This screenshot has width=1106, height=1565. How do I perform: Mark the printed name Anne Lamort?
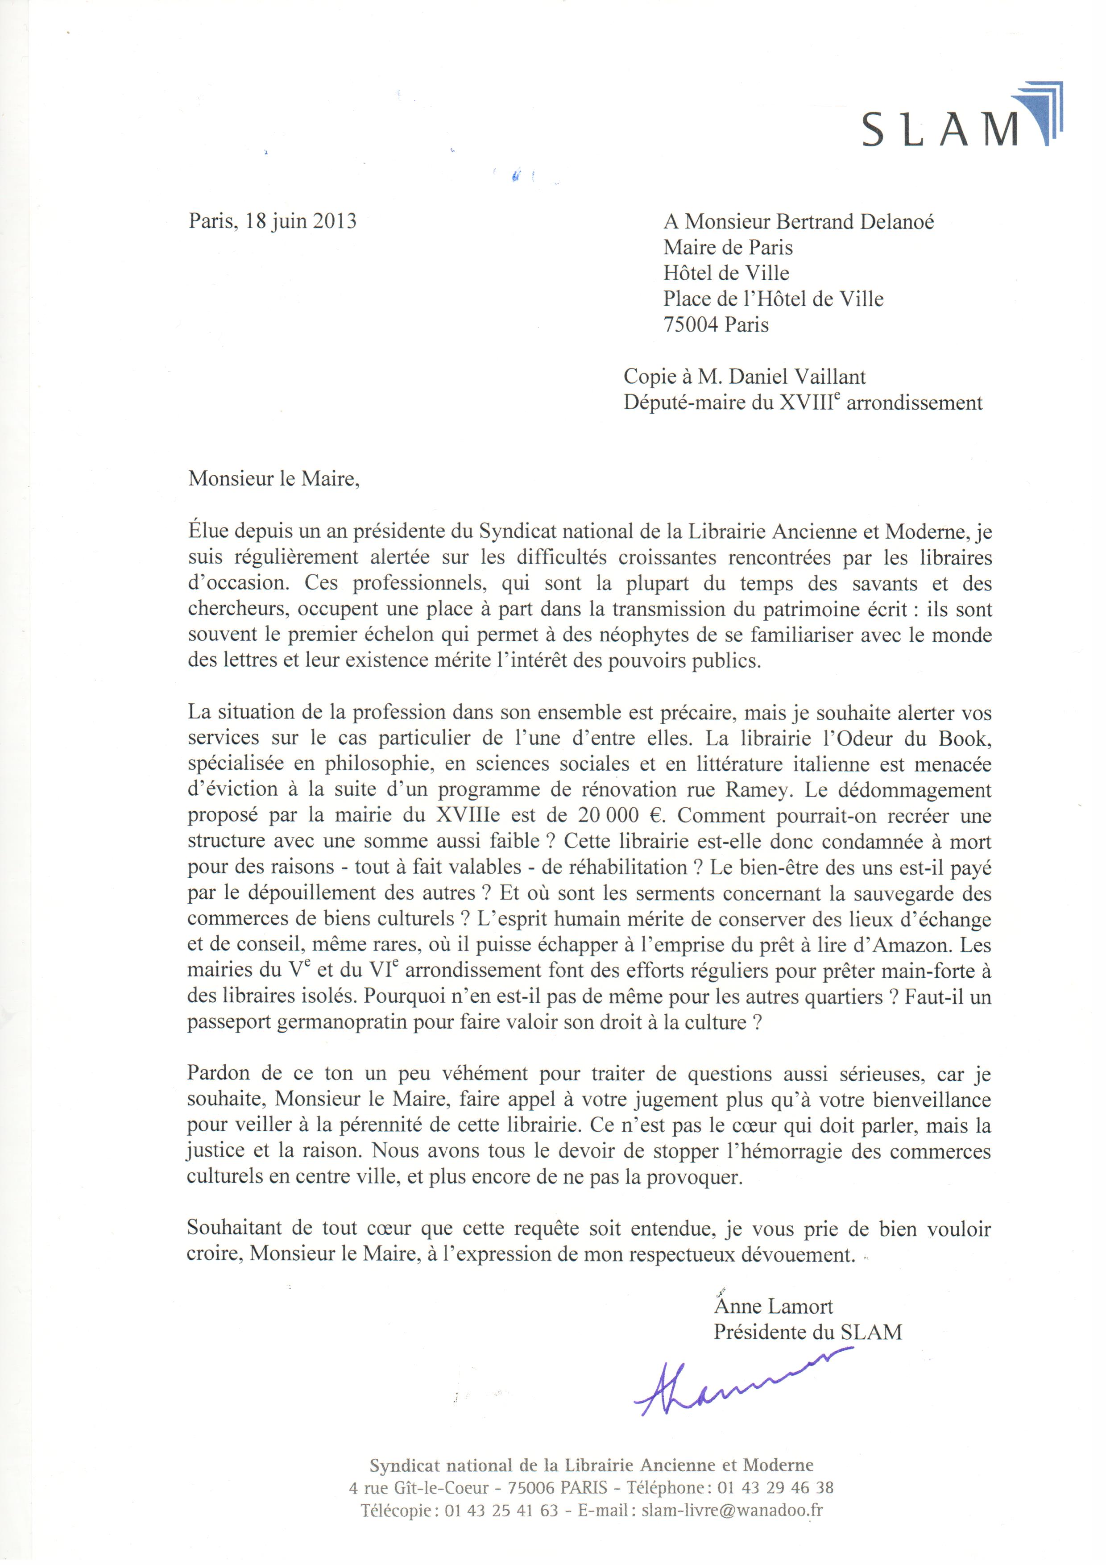click(774, 1307)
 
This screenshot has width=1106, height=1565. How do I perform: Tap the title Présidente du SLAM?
click(808, 1332)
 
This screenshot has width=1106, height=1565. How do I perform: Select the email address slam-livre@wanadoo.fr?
click(732, 1510)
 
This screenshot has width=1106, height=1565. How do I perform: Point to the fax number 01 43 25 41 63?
click(501, 1510)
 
